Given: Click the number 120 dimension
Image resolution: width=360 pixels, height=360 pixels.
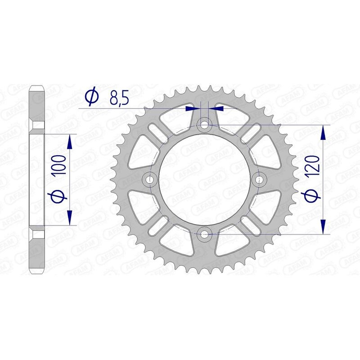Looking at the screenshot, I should point(315,165).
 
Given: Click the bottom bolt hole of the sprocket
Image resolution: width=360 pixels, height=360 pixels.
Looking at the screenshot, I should point(205,233).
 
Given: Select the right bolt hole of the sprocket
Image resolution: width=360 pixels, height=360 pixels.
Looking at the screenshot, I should point(260,180).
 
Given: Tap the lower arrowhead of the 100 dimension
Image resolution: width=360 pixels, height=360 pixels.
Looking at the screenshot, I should point(70,217).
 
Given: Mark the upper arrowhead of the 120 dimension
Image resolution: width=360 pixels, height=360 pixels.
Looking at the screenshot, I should point(323,132).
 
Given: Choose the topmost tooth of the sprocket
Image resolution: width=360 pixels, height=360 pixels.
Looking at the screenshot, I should point(205,85).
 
